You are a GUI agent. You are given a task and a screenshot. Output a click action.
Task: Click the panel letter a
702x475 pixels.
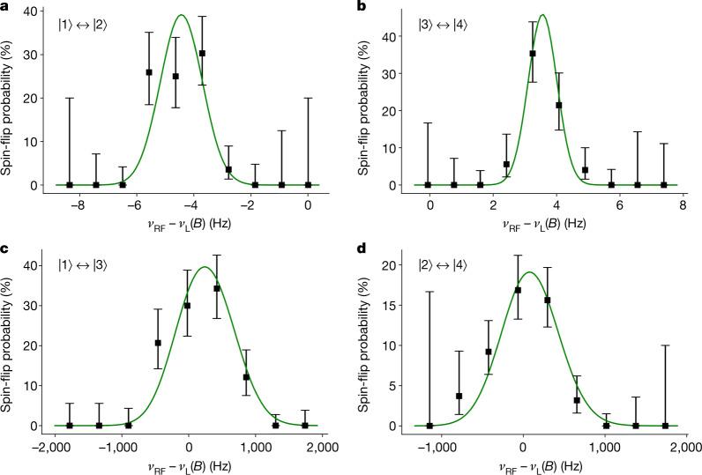pyautogui.click(x=5, y=7)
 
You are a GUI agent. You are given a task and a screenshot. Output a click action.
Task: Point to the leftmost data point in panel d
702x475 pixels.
pyautogui.click(x=429, y=426)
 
